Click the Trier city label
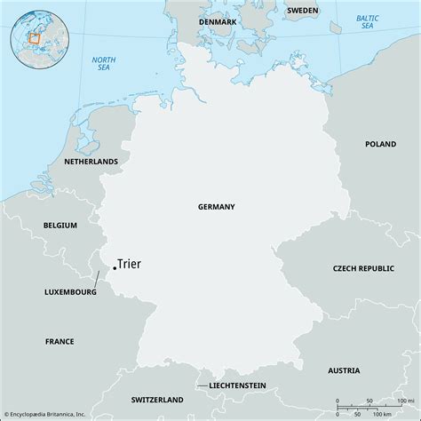click(x=130, y=264)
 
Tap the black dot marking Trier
click(x=115, y=267)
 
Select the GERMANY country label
click(x=217, y=206)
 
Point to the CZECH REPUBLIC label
click(x=361, y=267)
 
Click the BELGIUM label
click(x=60, y=226)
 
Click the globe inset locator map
click(x=37, y=37)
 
